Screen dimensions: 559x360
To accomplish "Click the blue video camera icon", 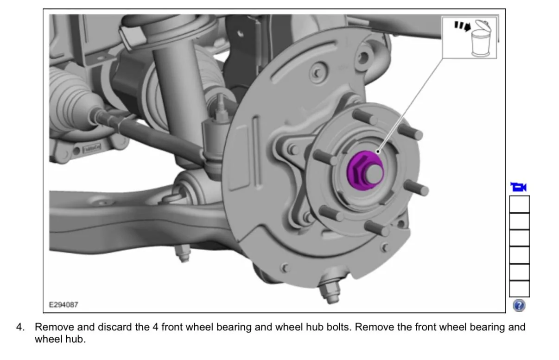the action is tap(519, 187).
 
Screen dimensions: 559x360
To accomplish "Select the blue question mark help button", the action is tap(519, 305).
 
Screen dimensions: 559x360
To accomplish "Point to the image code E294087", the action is tap(64, 304).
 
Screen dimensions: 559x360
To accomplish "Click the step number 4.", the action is tap(20, 327).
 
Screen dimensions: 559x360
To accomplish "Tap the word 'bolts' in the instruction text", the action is tap(339, 327).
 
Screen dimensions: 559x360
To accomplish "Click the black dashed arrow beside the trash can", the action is tap(462, 26).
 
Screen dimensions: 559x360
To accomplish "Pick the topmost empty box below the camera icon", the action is tap(519, 204).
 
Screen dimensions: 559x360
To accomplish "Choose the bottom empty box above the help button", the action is tap(519, 289).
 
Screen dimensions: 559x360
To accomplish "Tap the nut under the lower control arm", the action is tap(183, 253).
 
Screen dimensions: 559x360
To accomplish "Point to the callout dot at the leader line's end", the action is tap(378, 152).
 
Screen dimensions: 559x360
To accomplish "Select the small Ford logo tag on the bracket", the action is tap(92, 148).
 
